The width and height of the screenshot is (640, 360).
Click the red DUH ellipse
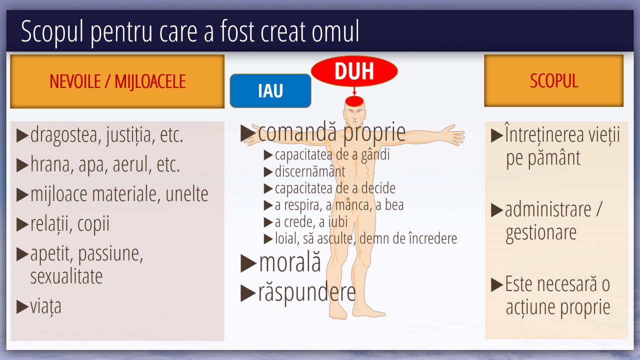click(354, 71)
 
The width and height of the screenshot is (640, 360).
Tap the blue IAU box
click(270, 90)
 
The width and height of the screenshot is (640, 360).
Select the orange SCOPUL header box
click(553, 80)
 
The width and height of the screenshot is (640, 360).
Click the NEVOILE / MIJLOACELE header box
click(117, 81)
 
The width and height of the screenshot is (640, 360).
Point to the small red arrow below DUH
click(354, 91)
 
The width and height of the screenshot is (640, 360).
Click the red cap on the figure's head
click(354, 101)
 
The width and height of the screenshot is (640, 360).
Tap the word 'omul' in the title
click(335, 31)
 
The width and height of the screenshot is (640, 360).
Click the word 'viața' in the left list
click(45, 306)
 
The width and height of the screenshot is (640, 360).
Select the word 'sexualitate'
click(66, 276)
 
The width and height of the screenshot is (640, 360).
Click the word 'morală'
click(289, 262)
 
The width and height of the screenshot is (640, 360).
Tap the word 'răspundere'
click(307, 293)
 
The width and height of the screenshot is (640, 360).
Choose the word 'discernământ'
click(310, 171)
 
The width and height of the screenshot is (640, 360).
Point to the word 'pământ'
click(553, 158)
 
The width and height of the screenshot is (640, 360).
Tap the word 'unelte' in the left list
click(187, 194)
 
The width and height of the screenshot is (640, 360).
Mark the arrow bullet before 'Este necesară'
click(497, 284)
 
